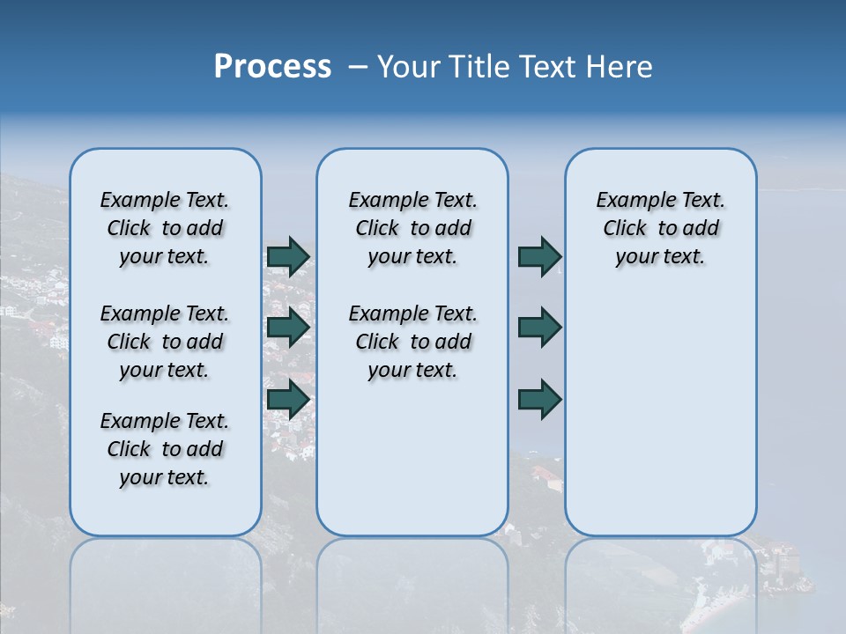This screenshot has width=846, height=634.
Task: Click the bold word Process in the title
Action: [x=272, y=67]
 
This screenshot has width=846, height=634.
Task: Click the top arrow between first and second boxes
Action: [x=288, y=256]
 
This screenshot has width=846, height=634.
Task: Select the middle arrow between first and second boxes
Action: [x=288, y=328]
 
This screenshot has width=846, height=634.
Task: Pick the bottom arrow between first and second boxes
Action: [x=288, y=400]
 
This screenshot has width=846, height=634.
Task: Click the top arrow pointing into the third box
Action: [x=539, y=256]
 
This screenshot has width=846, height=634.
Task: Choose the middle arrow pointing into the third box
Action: [x=539, y=328]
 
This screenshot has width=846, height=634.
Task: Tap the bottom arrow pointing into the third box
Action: [x=539, y=400]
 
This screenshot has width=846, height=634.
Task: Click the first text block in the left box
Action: [x=165, y=228]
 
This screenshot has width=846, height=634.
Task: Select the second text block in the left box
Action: [x=165, y=342]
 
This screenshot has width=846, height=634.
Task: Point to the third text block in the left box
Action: [x=165, y=449]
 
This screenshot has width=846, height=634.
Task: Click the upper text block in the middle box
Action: [x=412, y=228]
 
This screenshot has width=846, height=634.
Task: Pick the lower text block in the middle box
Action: [x=412, y=342]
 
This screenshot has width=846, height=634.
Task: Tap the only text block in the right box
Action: [x=660, y=228]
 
